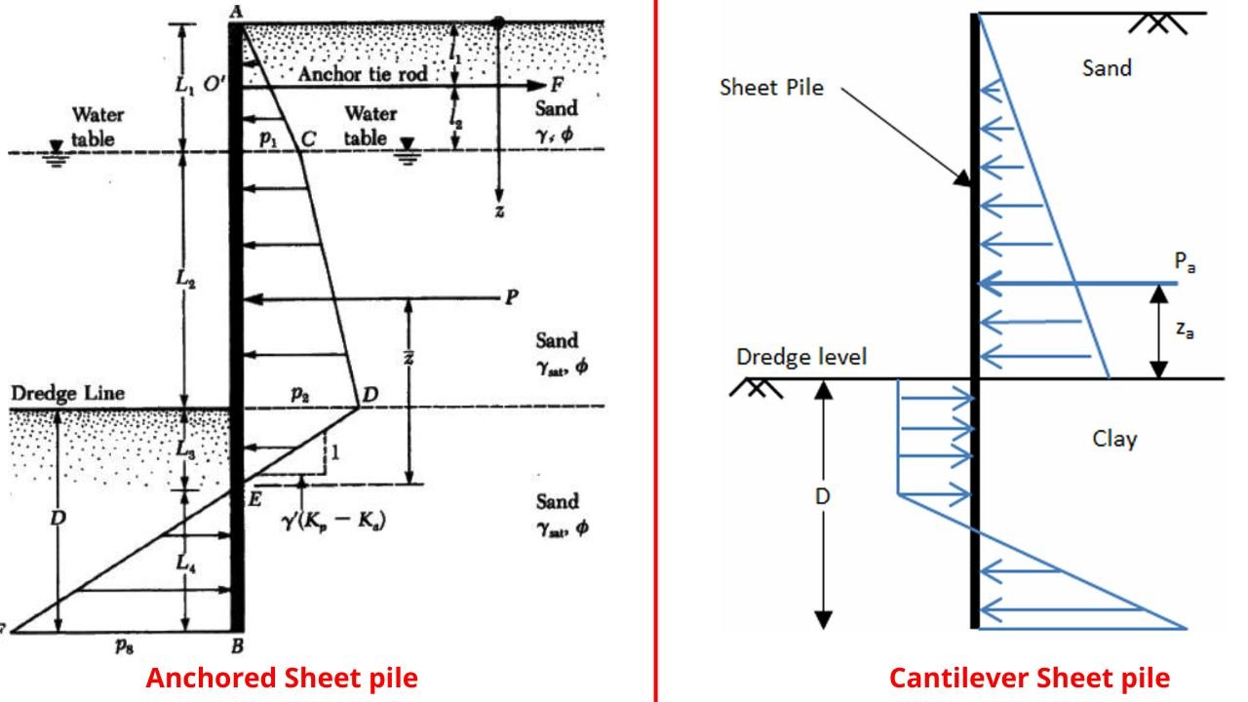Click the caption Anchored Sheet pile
pos(282,678)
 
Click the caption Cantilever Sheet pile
pos(1029,678)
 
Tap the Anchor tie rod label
pos(363,74)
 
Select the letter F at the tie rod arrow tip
pos(556,84)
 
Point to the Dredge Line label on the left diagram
pos(68,393)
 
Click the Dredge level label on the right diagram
pos(800,357)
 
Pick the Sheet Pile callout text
pos(771,88)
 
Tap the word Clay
pos(1113,439)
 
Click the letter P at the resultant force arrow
pos(510,298)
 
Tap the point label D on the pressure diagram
pos(370,394)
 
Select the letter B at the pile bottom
pos(236,645)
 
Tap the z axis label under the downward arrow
pos(498,212)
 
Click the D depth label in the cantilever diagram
pos(823,496)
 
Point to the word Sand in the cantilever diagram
pos(1107,68)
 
